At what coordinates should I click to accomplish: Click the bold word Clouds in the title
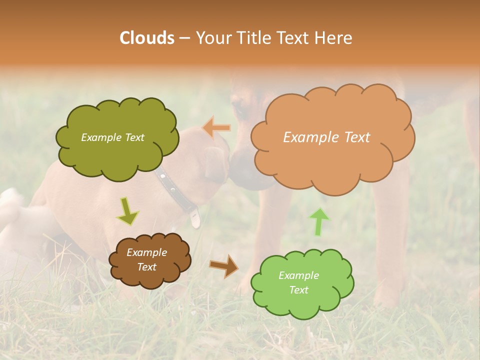coord(147,38)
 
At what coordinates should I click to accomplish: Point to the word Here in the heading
coord(334,38)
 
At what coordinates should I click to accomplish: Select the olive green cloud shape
coord(117,155)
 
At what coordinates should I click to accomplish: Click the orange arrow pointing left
coord(217,127)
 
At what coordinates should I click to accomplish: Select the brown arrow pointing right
coord(224,266)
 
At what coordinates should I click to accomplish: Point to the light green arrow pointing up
coord(319,221)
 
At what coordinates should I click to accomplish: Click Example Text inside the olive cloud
coord(112,137)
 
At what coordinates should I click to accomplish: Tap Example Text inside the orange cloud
coord(326,137)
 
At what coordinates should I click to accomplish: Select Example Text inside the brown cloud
coord(146,260)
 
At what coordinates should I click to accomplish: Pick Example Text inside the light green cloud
coord(298,282)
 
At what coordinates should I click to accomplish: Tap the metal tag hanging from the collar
coord(195,218)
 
